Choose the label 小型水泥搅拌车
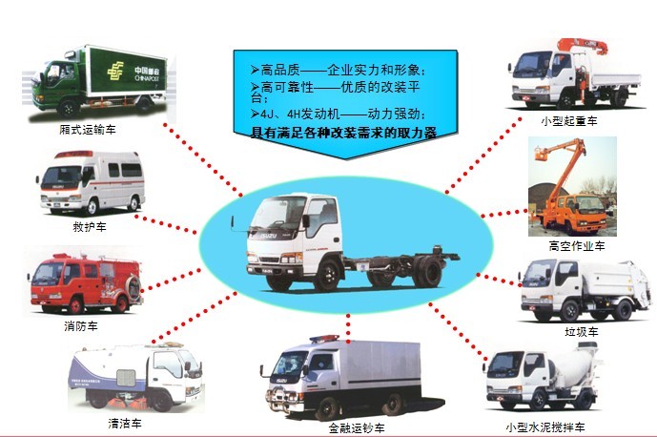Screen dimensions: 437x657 544,427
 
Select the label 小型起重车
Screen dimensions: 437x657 568,121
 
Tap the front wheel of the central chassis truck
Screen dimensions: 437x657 327,277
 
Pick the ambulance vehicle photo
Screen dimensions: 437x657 92,184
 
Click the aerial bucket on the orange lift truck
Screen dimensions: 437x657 550,153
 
